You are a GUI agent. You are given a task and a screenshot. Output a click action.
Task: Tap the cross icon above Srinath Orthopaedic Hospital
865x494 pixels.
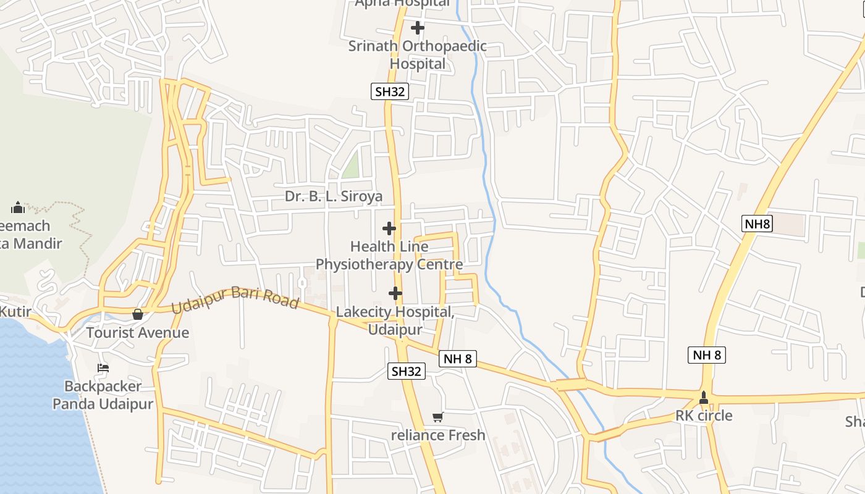coord(418,28)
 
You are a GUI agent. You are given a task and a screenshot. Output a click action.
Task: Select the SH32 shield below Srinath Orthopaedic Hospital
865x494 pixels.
coord(390,92)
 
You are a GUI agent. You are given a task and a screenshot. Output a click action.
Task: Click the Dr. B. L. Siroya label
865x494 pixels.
coord(334,196)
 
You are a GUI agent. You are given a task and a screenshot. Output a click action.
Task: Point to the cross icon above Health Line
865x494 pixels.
coord(389,228)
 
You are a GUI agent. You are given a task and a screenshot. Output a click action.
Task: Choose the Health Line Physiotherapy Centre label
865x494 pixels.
coord(389,256)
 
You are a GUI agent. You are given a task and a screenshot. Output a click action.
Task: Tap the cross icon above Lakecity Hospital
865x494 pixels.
coord(395,293)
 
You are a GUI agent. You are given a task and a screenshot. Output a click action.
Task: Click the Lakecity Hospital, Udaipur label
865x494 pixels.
coord(395,320)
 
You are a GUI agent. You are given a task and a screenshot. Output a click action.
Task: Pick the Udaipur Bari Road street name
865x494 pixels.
coord(235,299)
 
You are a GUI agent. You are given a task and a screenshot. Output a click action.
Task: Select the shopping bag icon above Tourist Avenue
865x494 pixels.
coord(138,314)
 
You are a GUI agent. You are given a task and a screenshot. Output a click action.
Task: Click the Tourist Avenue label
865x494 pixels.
coord(138,333)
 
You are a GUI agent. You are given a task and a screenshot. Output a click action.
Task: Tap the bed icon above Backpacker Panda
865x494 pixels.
coord(103,368)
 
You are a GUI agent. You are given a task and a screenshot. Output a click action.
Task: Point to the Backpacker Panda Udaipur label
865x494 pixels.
coord(103,395)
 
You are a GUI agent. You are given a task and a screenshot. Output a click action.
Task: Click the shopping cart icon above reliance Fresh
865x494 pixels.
coord(438,417)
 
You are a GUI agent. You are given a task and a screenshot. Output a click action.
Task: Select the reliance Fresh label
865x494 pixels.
coord(438,435)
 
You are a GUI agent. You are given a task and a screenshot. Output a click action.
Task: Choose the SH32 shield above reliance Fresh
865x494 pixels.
coord(407,371)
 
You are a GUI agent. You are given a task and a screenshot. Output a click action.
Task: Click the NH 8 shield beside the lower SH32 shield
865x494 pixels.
coord(458,358)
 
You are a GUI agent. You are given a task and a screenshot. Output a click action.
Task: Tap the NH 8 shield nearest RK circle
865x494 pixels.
coord(707,355)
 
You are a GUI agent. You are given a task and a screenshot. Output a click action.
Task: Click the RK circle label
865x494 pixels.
coord(704,416)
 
